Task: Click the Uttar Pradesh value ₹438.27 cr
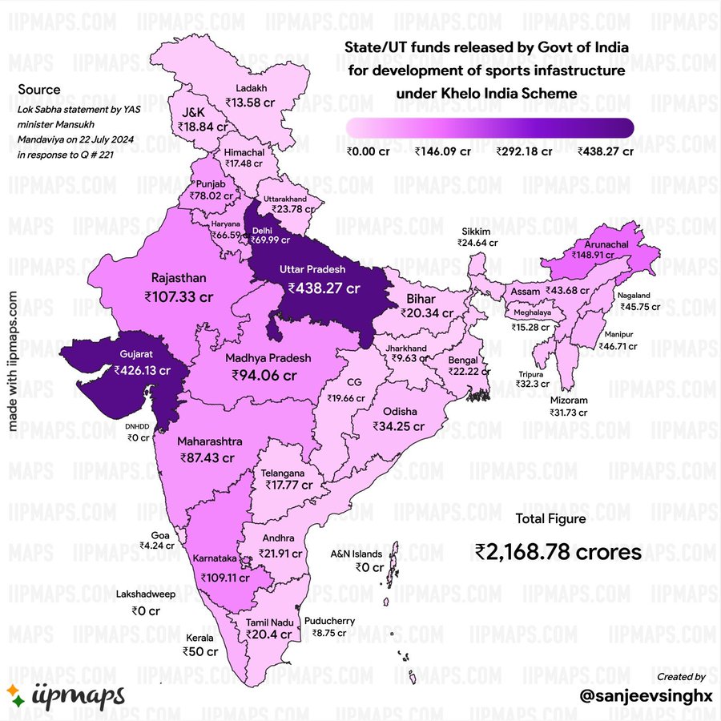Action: pyautogui.click(x=325, y=288)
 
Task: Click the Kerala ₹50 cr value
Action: pyautogui.click(x=202, y=652)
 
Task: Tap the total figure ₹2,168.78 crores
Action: pyautogui.click(x=558, y=552)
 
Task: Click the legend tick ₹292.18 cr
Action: pyautogui.click(x=524, y=151)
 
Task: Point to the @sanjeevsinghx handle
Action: pyautogui.click(x=646, y=695)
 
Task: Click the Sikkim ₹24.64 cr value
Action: pyautogui.click(x=477, y=242)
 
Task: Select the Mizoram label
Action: pyautogui.click(x=569, y=400)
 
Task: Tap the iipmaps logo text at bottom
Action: pyautogui.click(x=79, y=694)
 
